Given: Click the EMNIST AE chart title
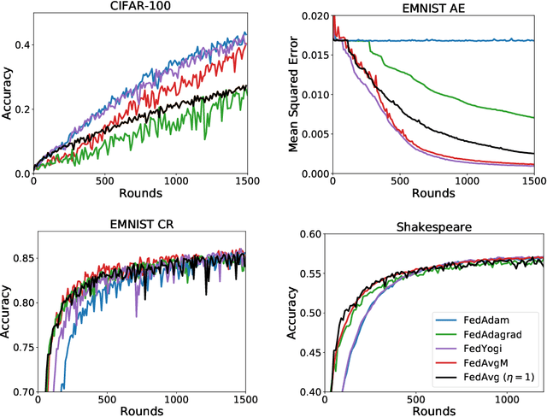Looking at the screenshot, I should [432, 8].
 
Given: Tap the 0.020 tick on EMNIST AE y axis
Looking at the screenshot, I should [313, 17].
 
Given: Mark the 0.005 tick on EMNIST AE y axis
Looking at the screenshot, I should [313, 134].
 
